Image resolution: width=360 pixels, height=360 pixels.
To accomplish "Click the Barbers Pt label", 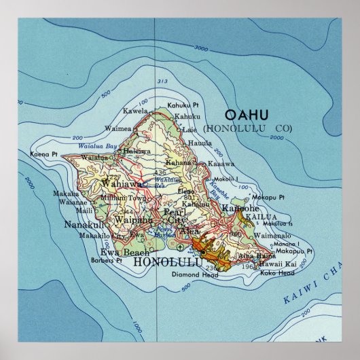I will tap(108, 259).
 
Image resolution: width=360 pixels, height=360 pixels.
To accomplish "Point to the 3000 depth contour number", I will tap(200, 48).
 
